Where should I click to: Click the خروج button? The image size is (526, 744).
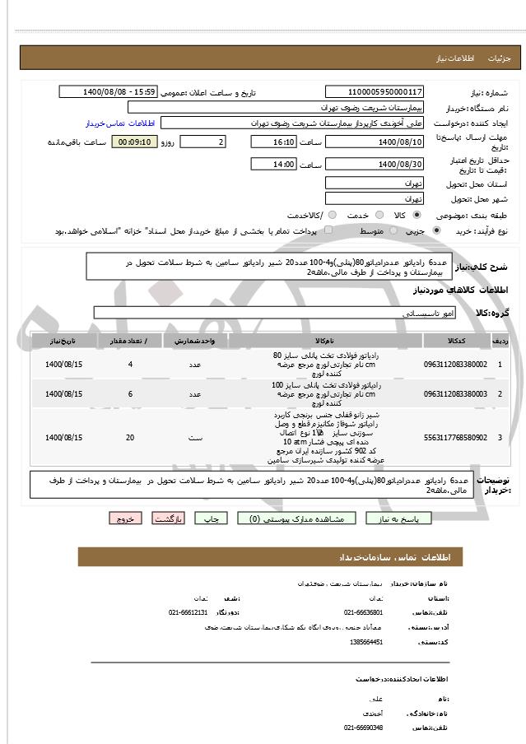pyautogui.click(x=126, y=519)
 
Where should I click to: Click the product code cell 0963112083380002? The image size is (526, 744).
pyautogui.click(x=455, y=364)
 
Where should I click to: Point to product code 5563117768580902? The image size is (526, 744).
pyautogui.click(x=455, y=437)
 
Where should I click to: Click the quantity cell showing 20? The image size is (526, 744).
pyautogui.click(x=130, y=437)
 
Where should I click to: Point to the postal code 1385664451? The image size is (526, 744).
pyautogui.click(x=365, y=642)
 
